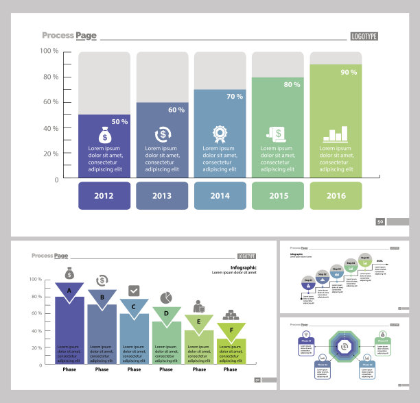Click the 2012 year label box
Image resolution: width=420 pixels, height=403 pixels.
[x=104, y=195]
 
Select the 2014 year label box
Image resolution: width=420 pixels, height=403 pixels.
[x=220, y=195]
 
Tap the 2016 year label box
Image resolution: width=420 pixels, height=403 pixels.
[x=336, y=195]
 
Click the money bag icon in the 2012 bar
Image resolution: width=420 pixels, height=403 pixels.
[x=104, y=134]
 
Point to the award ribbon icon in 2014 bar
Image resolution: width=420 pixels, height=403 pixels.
[x=220, y=133]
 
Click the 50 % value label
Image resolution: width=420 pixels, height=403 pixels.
[x=119, y=121]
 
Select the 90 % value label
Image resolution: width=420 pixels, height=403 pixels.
[x=349, y=72]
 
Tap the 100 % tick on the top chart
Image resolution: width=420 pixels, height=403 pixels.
[x=49, y=51]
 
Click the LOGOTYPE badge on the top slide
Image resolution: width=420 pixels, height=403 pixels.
[x=364, y=36]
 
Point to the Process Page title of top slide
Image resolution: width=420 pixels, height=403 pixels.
[x=69, y=36]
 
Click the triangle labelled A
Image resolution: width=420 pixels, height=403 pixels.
[x=69, y=291]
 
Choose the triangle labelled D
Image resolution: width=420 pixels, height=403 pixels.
[x=166, y=314]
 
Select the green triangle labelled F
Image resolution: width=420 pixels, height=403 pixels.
[x=231, y=330]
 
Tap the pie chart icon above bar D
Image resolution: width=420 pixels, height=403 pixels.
[x=166, y=297]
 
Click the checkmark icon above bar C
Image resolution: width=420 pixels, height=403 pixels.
[x=134, y=290]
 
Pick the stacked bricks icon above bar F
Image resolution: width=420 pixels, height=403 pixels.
[x=231, y=315]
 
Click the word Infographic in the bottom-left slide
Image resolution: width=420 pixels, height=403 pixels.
[x=244, y=267]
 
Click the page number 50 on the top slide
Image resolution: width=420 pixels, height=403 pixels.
[x=380, y=221]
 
